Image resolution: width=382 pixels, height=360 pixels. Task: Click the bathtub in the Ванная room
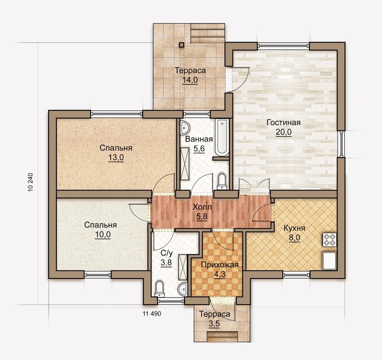coord(222,137)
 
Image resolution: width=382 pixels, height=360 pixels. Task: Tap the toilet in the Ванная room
coord(222,181)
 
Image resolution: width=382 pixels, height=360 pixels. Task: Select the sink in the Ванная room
coord(185,127)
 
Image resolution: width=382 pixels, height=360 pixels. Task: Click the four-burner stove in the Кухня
coord(330,240)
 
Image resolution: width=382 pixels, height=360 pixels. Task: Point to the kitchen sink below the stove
coord(330,261)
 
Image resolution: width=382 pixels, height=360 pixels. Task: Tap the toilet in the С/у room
coord(160,289)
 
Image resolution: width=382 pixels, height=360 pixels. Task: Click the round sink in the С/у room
coord(182,289)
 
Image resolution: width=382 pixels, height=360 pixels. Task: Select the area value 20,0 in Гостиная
coord(284,132)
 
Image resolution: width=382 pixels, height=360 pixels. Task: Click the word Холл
coord(202,207)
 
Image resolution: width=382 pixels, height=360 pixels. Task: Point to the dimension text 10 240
coord(31,182)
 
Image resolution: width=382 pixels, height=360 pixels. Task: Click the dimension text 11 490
coord(152,314)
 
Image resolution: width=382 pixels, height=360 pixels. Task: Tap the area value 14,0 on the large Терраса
coord(190,80)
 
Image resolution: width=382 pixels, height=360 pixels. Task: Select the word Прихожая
coord(220,265)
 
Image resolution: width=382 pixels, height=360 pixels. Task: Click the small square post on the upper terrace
coord(181,45)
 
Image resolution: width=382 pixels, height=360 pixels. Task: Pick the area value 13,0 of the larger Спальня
coord(116,158)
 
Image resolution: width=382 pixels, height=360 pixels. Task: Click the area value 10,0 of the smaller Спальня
coord(103,235)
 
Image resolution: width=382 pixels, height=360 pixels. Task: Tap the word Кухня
coord(294,228)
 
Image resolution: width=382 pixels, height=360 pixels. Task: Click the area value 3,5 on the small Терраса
coord(214,324)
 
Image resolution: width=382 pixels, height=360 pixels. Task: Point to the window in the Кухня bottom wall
coord(296,275)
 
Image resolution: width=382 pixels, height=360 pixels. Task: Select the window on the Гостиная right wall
coord(341,144)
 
